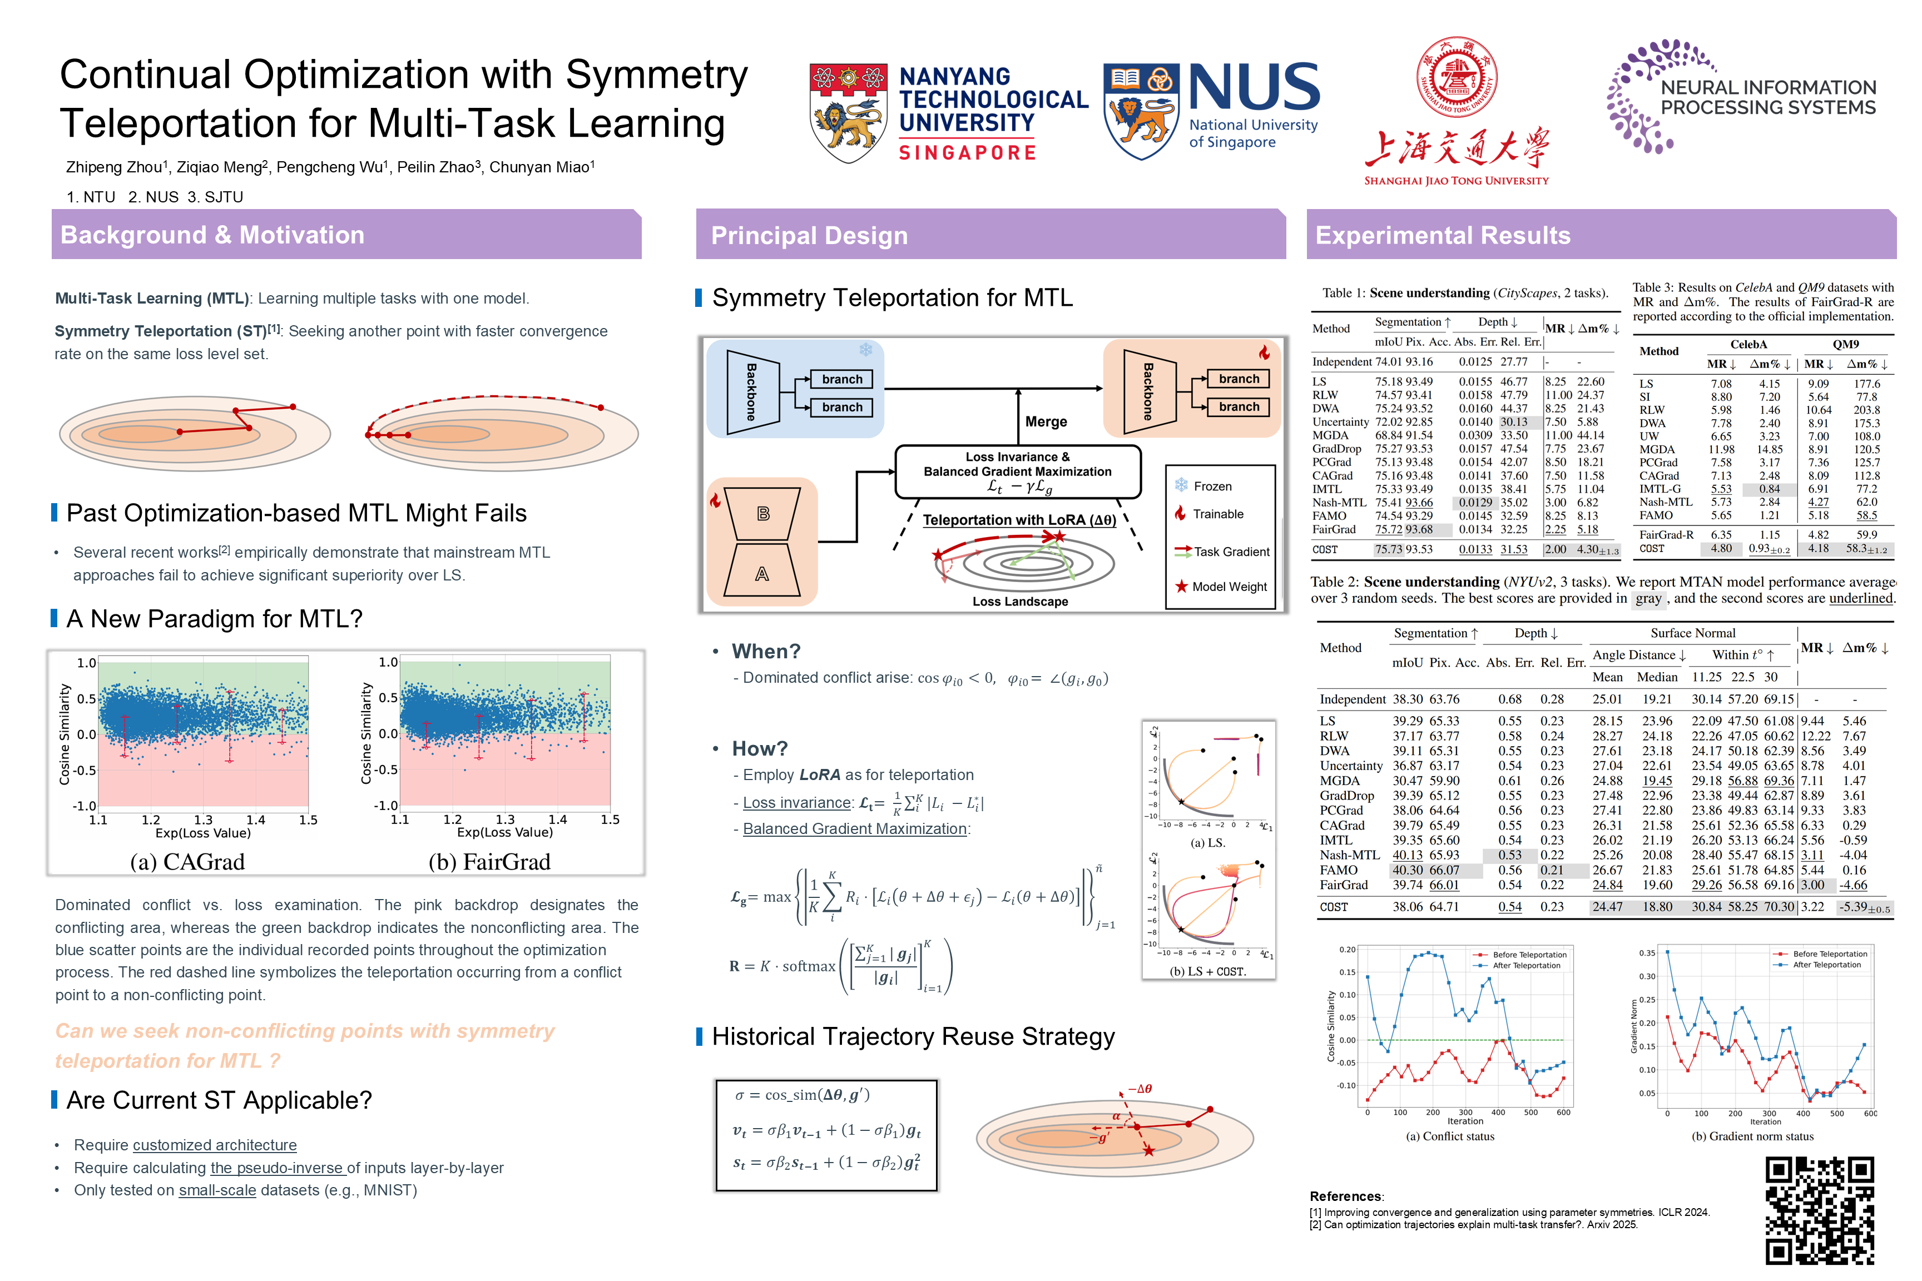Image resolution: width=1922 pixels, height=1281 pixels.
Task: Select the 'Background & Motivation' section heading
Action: click(x=212, y=235)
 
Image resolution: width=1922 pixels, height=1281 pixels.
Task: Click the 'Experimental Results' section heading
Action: click(x=1442, y=235)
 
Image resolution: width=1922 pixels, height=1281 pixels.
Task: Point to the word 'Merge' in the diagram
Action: click(x=1046, y=421)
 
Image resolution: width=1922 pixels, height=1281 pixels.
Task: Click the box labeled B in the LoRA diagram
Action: click(x=763, y=514)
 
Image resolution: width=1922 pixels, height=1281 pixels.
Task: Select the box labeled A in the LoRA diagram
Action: click(x=761, y=574)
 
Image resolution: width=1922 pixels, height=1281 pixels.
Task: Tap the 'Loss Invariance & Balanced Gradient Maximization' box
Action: click(x=1017, y=471)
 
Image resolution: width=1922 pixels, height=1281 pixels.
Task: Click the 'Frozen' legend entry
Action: click(x=1212, y=486)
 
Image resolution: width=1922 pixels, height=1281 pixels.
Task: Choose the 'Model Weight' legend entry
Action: click(x=1228, y=587)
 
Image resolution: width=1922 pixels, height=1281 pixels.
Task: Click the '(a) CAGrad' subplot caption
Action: click(x=187, y=862)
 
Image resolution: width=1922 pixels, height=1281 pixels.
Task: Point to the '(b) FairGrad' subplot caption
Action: click(x=489, y=862)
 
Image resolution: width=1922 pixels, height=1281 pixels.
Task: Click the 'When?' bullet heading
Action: click(x=766, y=651)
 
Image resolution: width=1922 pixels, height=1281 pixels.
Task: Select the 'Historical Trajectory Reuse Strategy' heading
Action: click(x=913, y=1037)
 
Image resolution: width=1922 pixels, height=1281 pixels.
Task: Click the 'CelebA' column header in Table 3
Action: click(x=1748, y=345)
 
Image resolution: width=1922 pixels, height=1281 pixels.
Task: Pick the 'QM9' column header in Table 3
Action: click(x=1845, y=345)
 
